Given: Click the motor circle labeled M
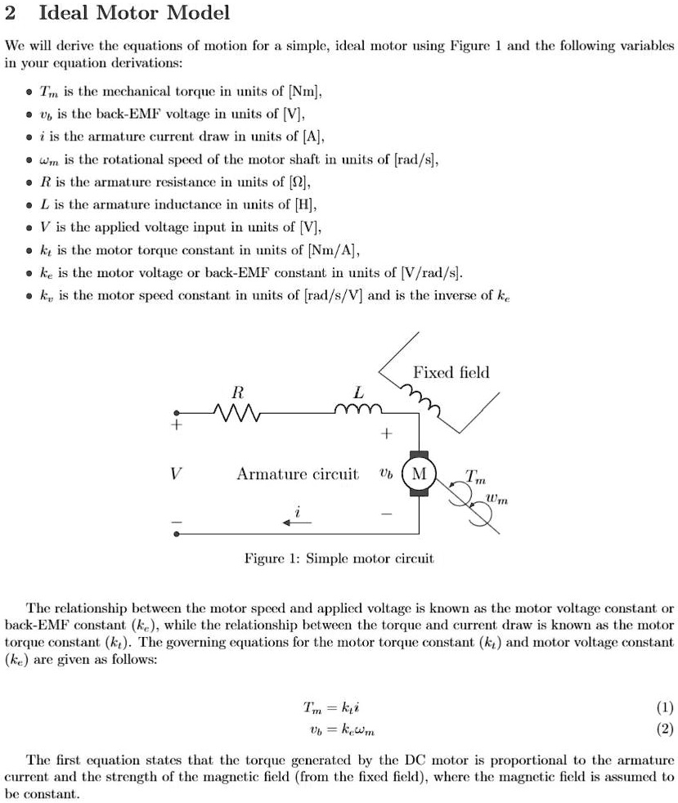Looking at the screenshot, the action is click(x=420, y=474).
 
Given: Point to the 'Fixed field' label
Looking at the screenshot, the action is click(x=451, y=373).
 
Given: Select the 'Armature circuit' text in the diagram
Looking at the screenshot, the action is click(x=298, y=474).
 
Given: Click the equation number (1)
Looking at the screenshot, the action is click(x=665, y=707).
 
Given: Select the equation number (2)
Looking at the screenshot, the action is click(x=665, y=727).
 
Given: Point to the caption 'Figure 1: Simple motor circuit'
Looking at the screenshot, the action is click(x=339, y=559).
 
